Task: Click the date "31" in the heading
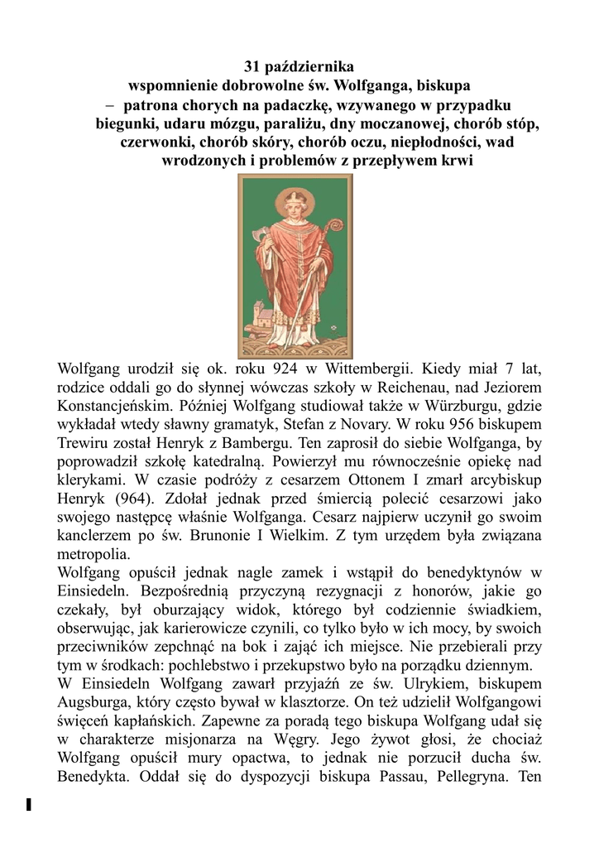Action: point(253,65)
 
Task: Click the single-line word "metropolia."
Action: point(93,554)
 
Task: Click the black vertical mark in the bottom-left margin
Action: point(29,803)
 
